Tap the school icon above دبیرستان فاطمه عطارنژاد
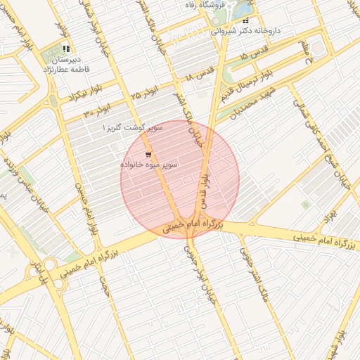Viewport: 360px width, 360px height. [x=66, y=49]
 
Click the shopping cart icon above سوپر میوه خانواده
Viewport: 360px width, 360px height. [x=148, y=154]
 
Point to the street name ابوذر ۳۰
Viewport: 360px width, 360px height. [x=98, y=112]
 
